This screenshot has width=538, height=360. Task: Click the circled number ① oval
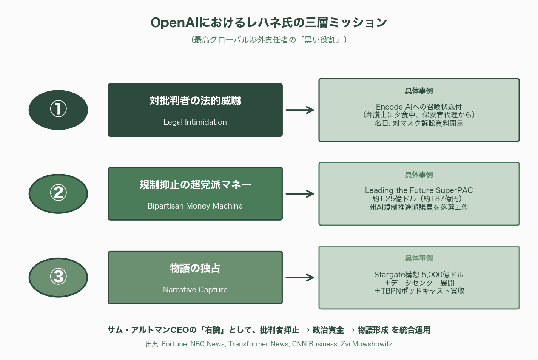[58, 110]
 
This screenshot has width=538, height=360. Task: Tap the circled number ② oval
[58, 194]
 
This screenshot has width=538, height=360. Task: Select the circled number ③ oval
[58, 278]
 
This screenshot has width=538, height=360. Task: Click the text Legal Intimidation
[195, 122]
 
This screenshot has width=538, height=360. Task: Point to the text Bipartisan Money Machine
[195, 206]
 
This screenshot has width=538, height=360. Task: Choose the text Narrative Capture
[195, 290]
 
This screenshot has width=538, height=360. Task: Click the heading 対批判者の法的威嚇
[195, 100]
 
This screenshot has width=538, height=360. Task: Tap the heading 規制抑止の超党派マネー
[195, 185]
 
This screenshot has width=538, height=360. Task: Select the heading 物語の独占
[195, 268]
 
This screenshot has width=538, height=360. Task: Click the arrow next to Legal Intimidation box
[300, 110]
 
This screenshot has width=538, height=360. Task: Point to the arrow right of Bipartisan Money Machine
[300, 194]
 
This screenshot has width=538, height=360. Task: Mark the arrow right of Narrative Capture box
[300, 278]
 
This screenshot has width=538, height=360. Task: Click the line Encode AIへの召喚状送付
[419, 107]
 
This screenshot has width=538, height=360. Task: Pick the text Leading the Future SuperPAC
[419, 190]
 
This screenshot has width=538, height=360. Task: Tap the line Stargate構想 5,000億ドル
[419, 275]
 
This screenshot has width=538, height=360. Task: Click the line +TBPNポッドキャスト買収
[419, 291]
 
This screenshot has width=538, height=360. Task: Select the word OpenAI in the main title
[174, 23]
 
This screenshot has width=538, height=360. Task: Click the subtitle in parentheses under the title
[269, 40]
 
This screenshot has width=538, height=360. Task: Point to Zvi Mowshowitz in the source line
[366, 344]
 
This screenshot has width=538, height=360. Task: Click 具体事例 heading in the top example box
[419, 91]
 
